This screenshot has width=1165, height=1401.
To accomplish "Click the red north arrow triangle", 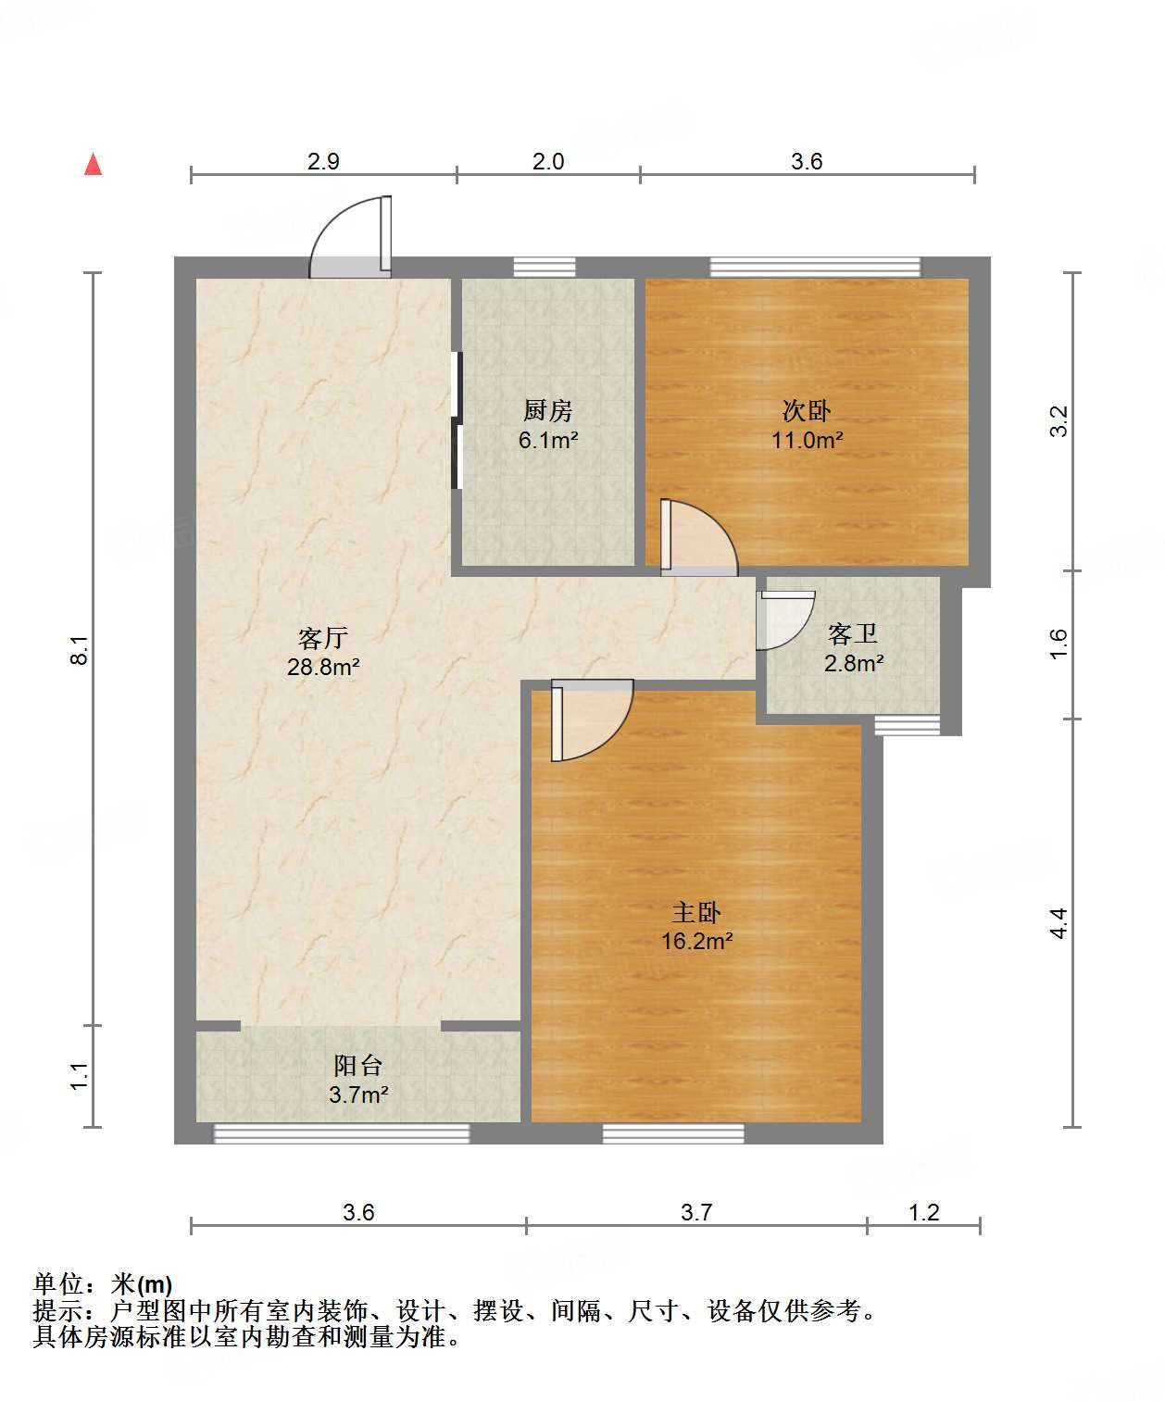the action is tap(94, 165).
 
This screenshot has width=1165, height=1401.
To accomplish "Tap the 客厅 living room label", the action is tap(323, 638).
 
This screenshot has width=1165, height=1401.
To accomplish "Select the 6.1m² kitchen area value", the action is tap(548, 440).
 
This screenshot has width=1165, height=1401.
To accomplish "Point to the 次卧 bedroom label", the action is tap(807, 410).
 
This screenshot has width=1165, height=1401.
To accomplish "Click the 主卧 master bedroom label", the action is tap(696, 912).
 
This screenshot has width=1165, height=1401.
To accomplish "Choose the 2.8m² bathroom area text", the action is tap(854, 664).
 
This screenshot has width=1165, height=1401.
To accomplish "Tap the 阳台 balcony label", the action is tap(357, 1066).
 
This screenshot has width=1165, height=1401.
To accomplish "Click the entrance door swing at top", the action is tap(335, 228).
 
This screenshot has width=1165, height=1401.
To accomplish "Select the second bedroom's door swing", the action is tap(699, 537).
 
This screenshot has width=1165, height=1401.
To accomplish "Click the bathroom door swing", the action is tap(786, 620).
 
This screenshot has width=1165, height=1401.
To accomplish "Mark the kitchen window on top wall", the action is tap(545, 267).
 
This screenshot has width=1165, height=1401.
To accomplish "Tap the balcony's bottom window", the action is tap(342, 1134).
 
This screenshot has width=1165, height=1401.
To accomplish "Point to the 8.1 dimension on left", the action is tap(80, 649).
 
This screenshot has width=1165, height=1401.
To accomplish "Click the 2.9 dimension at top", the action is tap(323, 162).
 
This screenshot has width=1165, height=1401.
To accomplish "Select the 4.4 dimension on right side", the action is tap(1059, 922).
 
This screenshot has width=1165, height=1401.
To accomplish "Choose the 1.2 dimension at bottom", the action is tap(923, 1212).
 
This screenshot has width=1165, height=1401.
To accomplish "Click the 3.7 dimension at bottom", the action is tap(696, 1212).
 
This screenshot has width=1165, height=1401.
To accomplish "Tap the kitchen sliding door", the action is tap(457, 420).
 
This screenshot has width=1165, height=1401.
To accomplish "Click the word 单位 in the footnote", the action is tap(58, 1284).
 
